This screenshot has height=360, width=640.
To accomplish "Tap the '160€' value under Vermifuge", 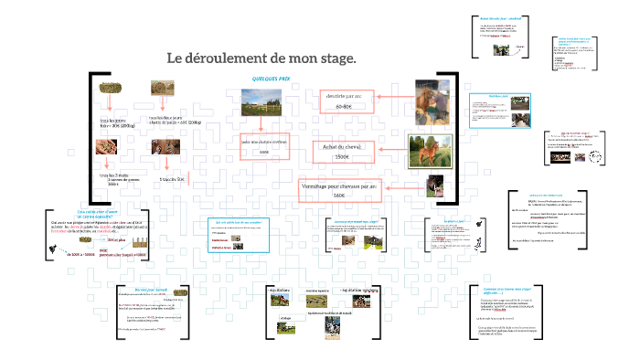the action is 339,196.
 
